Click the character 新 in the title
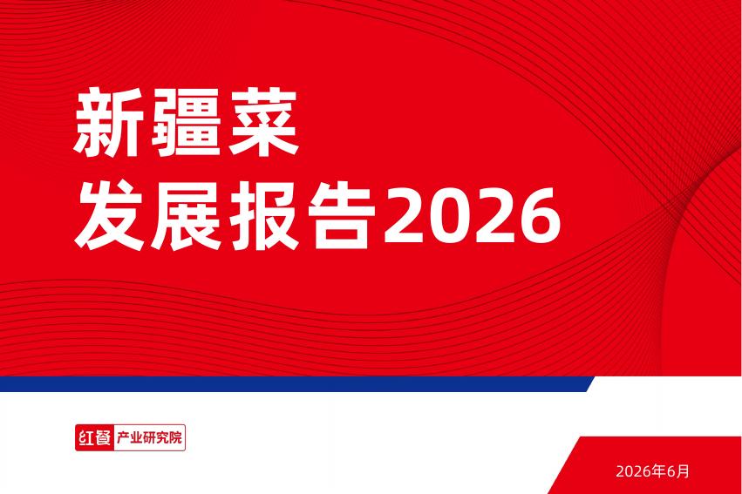(108, 123)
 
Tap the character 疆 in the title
(186, 123)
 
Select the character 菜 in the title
(263, 123)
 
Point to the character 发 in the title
(109, 215)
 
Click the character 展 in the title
(186, 215)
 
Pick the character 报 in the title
(264, 215)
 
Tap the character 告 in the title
(342, 215)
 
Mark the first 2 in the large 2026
(405, 215)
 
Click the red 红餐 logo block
(95, 437)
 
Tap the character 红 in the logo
(86, 437)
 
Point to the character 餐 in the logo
(103, 437)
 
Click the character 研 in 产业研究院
(149, 437)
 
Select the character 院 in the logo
(175, 437)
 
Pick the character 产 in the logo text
(123, 437)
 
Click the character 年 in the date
(659, 470)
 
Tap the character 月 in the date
(683, 470)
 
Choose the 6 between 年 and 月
(671, 471)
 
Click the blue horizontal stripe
(296, 384)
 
